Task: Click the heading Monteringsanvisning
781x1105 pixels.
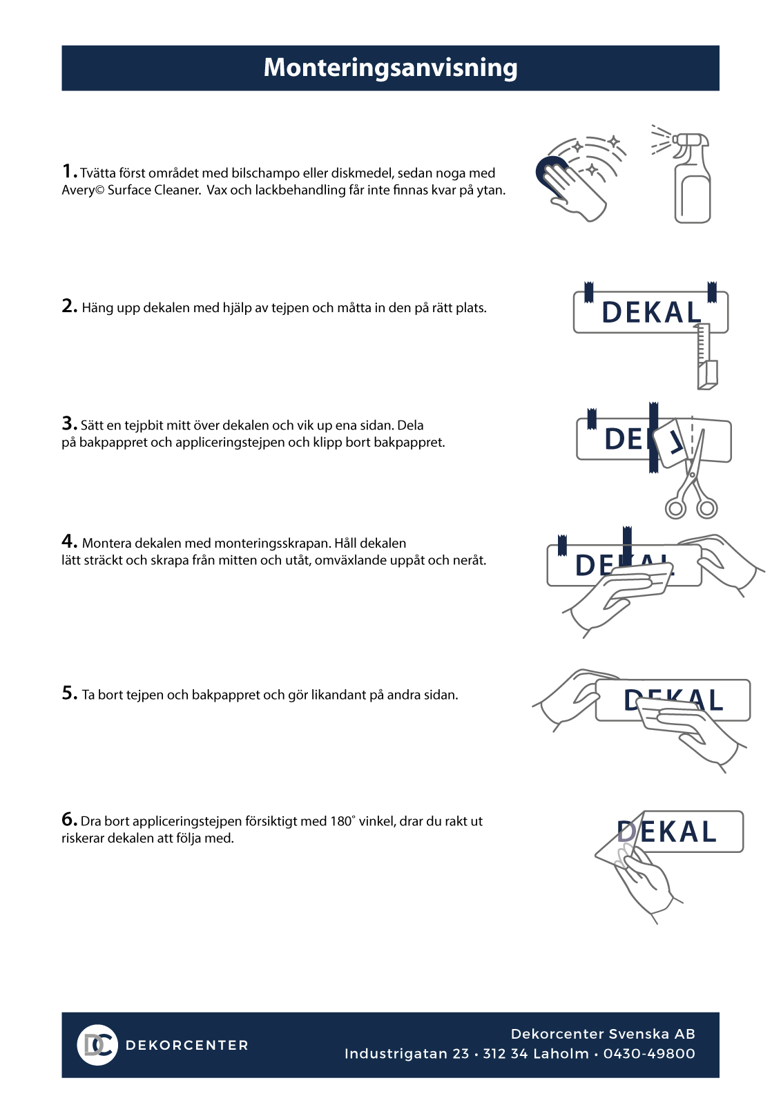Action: [x=390, y=68]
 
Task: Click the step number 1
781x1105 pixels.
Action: [x=68, y=171]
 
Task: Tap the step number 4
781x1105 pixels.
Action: [x=69, y=541]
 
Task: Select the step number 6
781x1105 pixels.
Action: [x=69, y=819]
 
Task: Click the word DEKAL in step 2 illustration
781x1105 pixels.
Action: [x=651, y=312]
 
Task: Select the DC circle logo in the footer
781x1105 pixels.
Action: [x=97, y=1045]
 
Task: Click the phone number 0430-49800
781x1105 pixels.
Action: [x=649, y=1054]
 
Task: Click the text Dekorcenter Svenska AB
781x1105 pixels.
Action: [x=603, y=1034]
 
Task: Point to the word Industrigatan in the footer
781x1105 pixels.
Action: [x=407, y=1054]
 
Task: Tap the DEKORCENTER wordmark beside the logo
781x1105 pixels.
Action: [x=187, y=1046]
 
